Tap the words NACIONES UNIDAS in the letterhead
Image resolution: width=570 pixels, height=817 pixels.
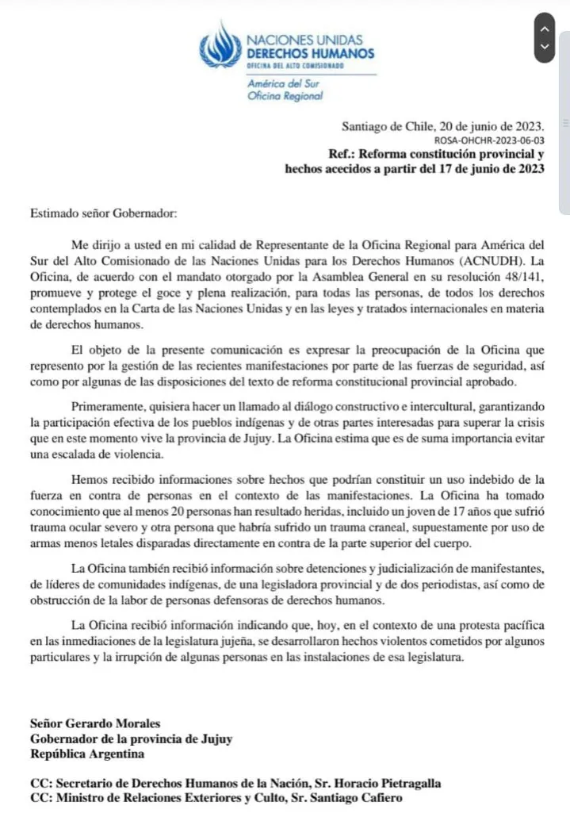coord(294,40)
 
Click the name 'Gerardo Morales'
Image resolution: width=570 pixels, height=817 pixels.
coord(110,723)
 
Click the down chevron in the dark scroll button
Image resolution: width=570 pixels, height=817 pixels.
coord(544,47)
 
